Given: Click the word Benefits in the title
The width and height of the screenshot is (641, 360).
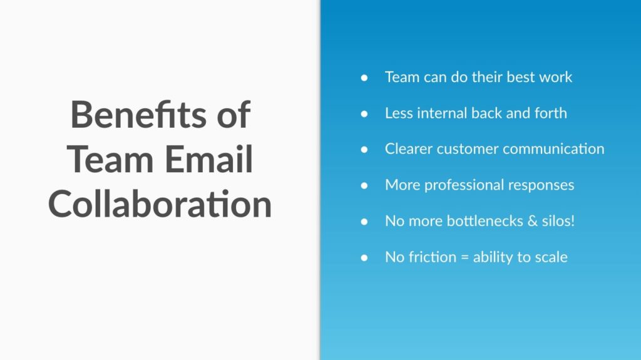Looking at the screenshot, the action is click(138, 115).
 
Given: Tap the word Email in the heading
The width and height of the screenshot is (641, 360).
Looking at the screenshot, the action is click(209, 160).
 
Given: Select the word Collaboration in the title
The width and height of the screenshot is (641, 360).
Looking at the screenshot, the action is click(160, 204).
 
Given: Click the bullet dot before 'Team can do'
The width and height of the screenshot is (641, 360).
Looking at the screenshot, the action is click(364, 77).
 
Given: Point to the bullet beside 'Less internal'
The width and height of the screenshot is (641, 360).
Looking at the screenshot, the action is click(364, 113).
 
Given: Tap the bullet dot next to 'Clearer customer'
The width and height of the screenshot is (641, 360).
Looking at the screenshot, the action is click(364, 149).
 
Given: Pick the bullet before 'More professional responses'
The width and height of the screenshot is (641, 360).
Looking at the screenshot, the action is click(364, 185).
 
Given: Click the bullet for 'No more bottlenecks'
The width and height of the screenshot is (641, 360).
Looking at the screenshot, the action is click(364, 221).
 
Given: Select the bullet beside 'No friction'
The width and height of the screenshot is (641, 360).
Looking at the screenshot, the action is click(364, 257).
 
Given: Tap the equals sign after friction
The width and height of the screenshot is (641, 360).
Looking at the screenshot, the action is click(464, 257).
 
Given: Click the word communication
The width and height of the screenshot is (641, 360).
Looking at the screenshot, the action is click(553, 149).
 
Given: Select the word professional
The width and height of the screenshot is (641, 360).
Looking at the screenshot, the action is click(464, 185).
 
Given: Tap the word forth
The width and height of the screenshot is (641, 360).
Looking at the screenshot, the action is click(550, 113).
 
